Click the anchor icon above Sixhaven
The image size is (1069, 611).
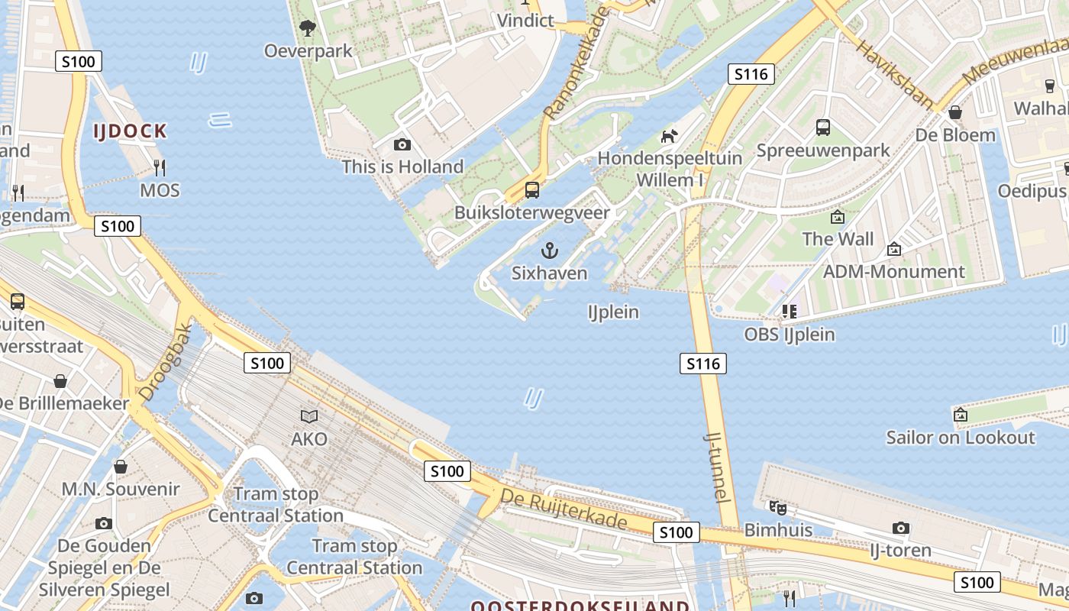coord(549,250)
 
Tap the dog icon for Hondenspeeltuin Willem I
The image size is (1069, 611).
coord(669,136)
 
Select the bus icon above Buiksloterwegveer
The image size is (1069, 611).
coord(532,189)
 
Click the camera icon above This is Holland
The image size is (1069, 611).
coord(402,144)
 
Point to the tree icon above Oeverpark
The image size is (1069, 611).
coord(308,29)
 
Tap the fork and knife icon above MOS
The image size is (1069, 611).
coord(160,167)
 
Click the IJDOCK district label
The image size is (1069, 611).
coord(130,131)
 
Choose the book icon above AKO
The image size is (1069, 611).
coord(309,416)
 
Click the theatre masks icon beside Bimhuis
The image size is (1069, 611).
coord(777,507)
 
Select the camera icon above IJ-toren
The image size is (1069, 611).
coord(901,528)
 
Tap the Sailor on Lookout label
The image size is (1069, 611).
coord(960,438)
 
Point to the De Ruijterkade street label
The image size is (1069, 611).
coord(564,509)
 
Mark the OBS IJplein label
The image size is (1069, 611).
coord(790,335)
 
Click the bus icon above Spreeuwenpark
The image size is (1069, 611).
coord(823,128)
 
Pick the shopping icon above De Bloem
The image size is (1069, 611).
coord(954,113)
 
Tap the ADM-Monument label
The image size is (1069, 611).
coord(893,272)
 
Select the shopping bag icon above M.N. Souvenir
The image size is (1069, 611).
coord(120,467)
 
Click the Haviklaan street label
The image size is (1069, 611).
coord(894,73)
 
